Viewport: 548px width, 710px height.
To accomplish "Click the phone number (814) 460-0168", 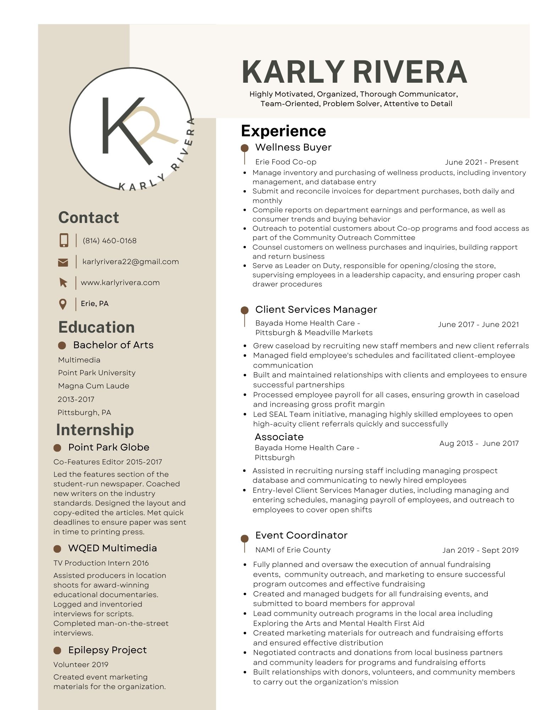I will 109,241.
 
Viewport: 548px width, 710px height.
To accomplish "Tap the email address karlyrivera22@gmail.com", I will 131,262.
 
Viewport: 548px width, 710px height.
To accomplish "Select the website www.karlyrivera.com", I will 120,283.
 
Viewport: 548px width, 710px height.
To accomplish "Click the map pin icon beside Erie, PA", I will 63,304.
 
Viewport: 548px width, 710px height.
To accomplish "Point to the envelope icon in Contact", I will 63,262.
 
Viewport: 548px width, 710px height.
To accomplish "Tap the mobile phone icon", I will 64,240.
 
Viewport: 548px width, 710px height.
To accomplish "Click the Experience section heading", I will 283,131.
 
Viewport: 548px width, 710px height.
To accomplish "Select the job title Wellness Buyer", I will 293,147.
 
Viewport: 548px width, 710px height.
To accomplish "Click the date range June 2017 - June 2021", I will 478,324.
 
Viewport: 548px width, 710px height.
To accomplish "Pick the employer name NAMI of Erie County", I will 293,550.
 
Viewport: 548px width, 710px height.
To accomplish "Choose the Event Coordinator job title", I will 301,535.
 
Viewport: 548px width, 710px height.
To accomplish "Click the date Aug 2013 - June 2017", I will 478,443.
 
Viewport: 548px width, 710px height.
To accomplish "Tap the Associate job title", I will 279,437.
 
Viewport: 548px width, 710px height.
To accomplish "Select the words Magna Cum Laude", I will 94,386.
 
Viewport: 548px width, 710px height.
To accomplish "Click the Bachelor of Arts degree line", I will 113,345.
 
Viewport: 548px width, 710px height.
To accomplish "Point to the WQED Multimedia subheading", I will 112,548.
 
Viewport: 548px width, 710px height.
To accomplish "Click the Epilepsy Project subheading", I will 107,650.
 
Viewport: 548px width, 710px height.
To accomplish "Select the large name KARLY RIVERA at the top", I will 354,72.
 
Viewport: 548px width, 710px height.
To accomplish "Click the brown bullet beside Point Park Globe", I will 57,448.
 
